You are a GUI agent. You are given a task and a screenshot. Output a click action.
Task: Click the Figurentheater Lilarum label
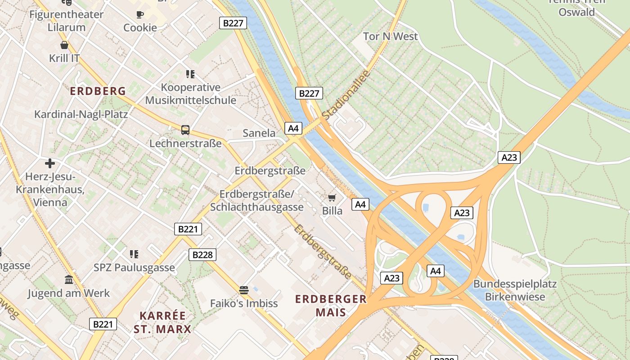(67, 21)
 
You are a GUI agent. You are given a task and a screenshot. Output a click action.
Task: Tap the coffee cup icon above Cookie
(140, 14)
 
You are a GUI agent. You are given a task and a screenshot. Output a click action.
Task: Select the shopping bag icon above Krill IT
(64, 45)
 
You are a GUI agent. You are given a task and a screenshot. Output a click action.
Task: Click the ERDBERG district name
(98, 91)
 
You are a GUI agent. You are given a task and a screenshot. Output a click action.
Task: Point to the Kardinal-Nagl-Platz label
(81, 114)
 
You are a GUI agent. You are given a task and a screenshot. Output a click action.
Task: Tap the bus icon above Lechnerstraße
(185, 130)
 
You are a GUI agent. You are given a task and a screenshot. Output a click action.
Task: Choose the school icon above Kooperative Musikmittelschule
(190, 74)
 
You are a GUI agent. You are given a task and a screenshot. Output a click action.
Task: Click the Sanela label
(259, 133)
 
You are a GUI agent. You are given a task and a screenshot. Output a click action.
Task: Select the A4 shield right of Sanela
(293, 129)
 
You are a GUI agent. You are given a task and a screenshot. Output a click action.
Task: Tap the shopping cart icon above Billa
(332, 198)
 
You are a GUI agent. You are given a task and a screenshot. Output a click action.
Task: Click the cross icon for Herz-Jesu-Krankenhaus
(49, 163)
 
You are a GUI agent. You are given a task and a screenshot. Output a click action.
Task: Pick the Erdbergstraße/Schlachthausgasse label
(257, 201)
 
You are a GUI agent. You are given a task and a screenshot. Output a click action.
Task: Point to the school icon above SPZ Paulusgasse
(134, 254)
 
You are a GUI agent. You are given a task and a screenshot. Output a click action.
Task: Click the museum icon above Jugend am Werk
(69, 280)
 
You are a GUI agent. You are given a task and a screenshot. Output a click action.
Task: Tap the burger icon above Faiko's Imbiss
(244, 290)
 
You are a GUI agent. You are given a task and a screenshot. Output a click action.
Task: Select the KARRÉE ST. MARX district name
(162, 322)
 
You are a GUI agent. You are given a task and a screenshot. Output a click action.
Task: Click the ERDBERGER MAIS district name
(331, 306)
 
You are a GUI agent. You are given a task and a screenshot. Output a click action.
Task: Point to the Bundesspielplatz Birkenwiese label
(515, 291)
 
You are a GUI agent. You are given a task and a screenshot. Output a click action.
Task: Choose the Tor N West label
(390, 36)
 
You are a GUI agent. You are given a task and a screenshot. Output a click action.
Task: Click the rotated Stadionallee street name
(346, 95)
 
